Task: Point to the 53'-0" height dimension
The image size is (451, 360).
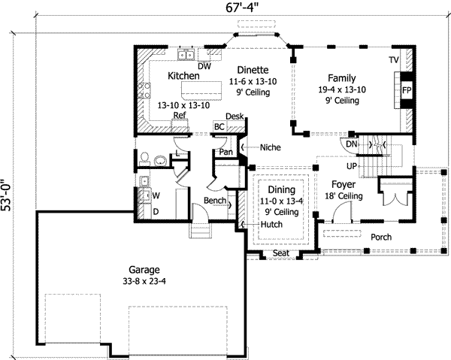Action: [8, 195]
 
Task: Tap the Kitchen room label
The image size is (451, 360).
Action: [183, 76]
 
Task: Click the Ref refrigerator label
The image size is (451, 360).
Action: [179, 115]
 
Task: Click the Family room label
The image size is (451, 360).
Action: [341, 78]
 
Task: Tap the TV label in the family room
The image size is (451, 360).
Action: [393, 59]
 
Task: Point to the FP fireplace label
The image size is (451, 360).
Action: [406, 90]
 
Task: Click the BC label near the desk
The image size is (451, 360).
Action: [219, 127]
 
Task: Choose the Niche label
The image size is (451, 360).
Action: [270, 147]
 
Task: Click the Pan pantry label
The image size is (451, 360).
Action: [225, 152]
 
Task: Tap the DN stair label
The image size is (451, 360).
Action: [351, 144]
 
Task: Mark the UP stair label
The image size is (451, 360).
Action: [350, 165]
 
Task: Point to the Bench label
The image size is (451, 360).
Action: [216, 201]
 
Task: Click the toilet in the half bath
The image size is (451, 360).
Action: [143, 159]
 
